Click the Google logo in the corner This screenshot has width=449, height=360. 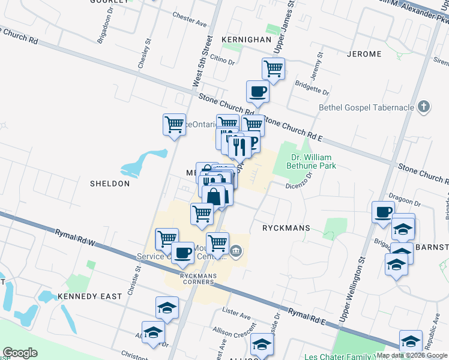(20, 353)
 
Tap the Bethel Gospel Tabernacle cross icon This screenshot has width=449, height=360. (424, 107)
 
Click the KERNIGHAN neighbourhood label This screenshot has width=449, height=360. (246, 39)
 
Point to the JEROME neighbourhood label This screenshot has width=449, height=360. (364, 54)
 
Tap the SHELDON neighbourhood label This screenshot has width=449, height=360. (110, 183)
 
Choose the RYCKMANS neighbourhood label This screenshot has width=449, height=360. (286, 229)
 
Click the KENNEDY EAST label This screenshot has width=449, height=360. (90, 296)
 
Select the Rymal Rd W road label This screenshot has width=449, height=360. (75, 238)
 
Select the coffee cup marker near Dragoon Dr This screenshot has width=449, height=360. (384, 212)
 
